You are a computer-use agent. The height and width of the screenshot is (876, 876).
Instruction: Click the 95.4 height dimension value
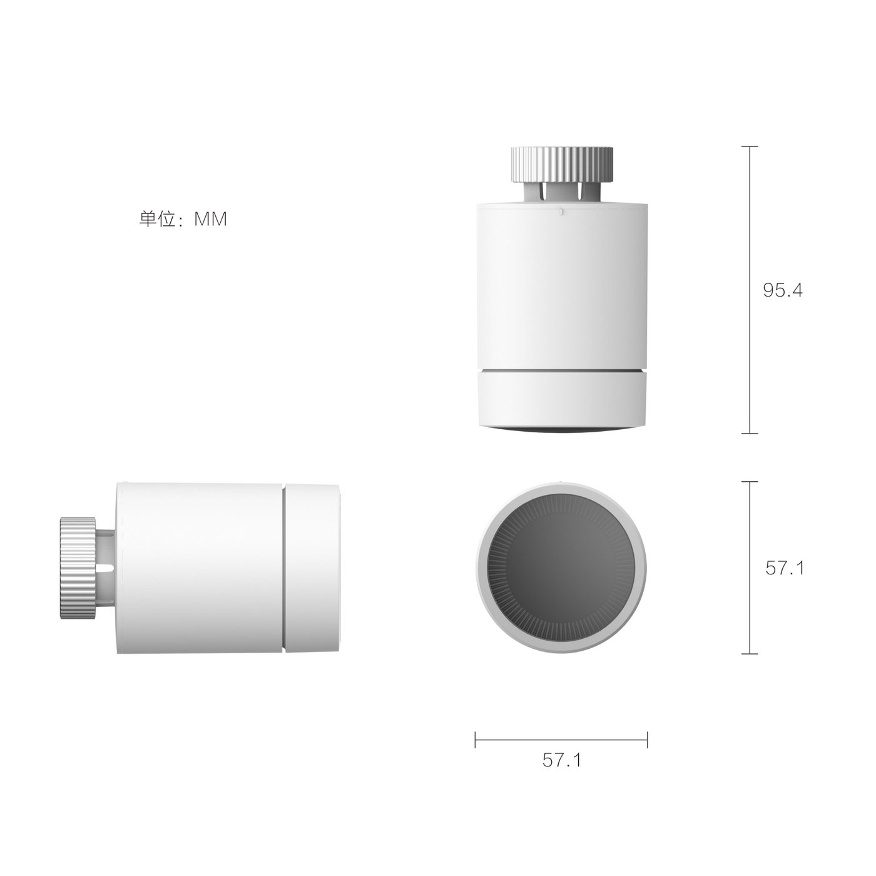782,290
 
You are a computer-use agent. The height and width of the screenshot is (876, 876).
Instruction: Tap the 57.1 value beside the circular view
785,568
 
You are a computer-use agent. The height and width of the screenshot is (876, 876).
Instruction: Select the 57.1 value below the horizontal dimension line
562,760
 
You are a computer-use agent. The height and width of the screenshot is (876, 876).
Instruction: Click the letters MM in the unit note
210,220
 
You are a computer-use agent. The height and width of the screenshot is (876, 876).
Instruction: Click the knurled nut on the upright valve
561,165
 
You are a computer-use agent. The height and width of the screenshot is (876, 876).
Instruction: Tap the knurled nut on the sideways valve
78,568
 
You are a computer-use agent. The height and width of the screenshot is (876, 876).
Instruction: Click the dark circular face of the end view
561,568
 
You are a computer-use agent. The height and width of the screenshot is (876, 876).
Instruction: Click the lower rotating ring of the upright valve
561,398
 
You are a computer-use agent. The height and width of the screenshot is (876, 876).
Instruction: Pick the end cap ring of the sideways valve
313,568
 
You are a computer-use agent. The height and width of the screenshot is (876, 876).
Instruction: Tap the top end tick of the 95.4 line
750,146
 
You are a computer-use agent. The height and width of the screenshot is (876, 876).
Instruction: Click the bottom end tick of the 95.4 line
750,433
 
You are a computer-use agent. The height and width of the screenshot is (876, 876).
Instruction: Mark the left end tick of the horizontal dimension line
476,740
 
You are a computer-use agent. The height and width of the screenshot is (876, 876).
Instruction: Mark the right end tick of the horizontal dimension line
647,740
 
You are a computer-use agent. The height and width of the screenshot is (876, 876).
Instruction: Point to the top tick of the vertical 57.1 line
750,482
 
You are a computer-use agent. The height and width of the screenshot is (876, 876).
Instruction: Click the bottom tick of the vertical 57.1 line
750,654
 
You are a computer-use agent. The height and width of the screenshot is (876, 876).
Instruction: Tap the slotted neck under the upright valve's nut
561,191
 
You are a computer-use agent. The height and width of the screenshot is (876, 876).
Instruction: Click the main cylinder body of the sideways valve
200,568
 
